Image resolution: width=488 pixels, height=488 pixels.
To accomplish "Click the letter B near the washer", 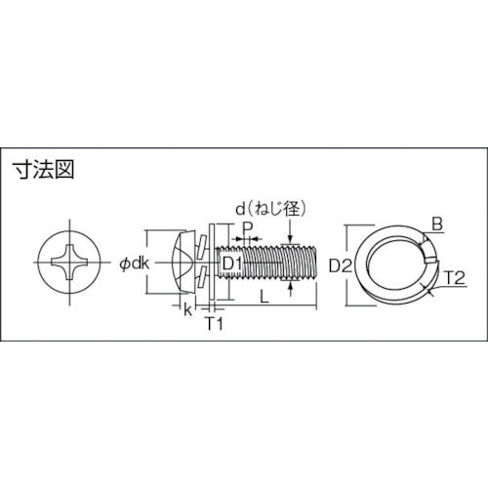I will click(436, 224).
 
